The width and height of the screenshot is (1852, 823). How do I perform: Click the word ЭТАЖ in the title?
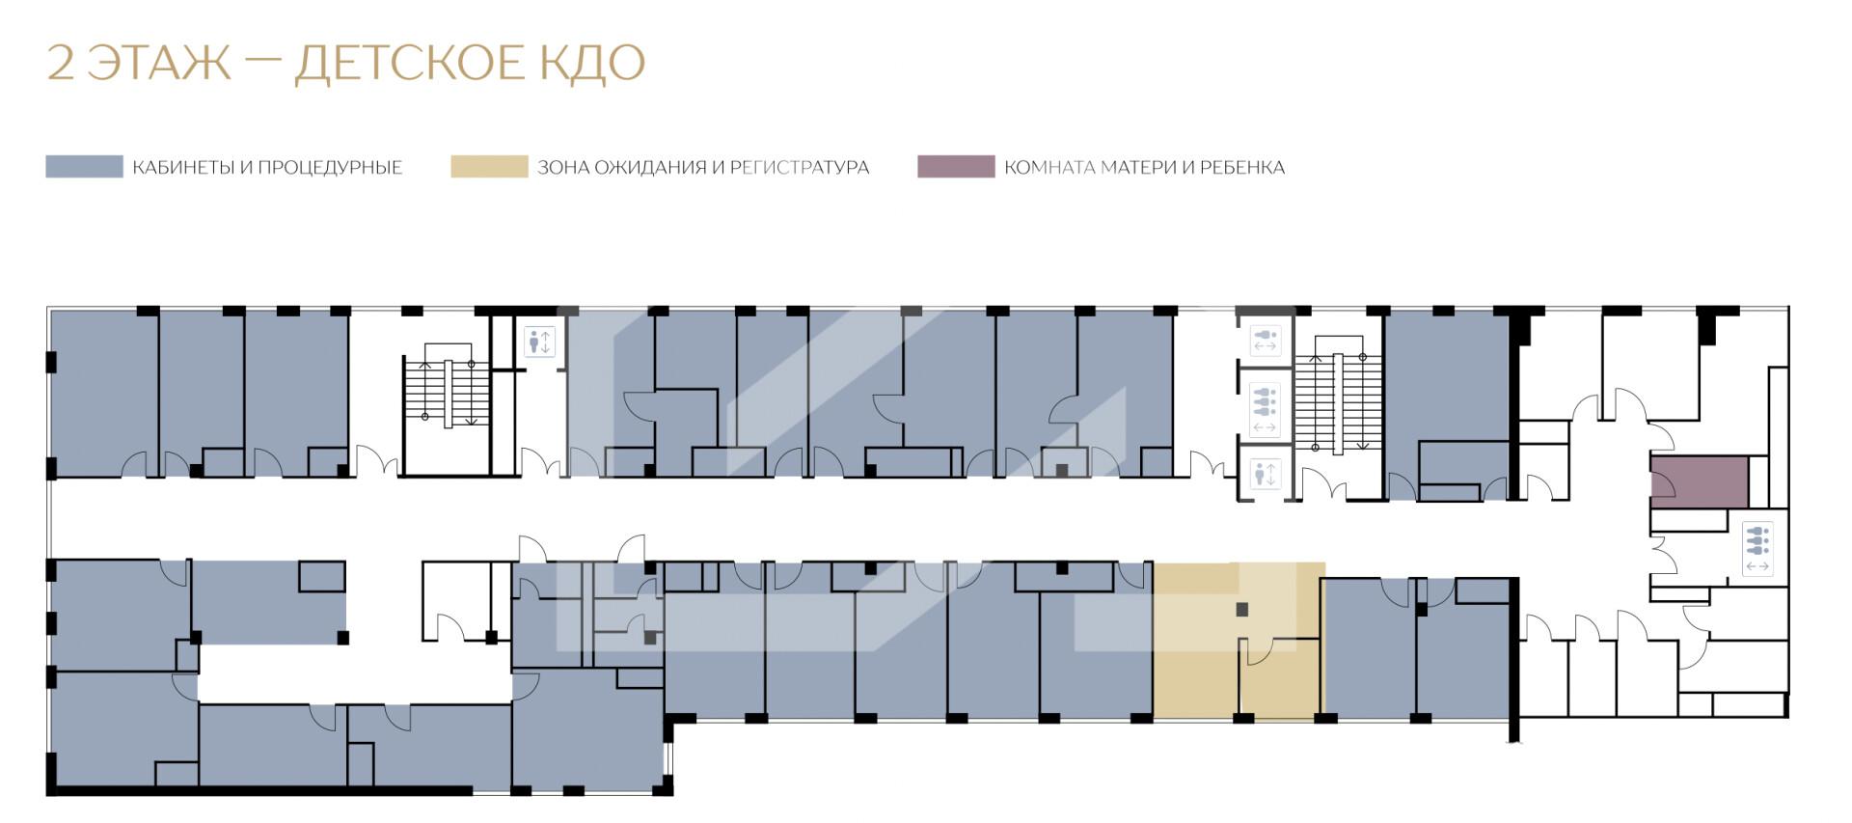159,63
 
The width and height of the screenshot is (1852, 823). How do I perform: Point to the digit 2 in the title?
61,63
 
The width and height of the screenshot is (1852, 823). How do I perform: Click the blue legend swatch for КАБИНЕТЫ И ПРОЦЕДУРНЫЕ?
84,167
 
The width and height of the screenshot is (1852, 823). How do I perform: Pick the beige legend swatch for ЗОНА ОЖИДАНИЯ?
489,167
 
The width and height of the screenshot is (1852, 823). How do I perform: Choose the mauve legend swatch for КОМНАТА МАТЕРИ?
956,167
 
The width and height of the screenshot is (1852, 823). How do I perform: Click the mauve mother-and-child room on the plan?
1699,481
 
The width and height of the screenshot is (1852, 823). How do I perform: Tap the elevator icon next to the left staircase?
539,342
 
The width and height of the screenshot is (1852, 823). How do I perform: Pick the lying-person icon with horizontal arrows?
1265,341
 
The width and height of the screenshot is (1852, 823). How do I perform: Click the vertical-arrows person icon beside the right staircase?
1265,474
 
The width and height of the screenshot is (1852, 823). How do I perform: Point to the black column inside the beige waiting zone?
1242,610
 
